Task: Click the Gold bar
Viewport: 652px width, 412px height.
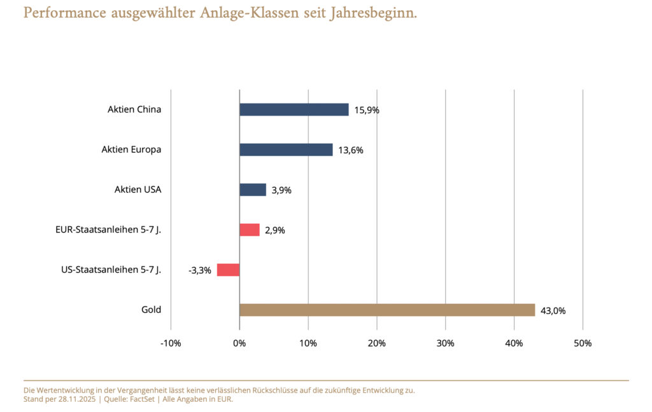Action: pyautogui.click(x=387, y=310)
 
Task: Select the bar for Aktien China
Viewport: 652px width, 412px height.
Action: pyautogui.click(x=294, y=109)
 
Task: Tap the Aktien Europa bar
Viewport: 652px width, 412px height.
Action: pyautogui.click(x=286, y=149)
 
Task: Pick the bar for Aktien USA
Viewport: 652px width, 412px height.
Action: pyautogui.click(x=253, y=189)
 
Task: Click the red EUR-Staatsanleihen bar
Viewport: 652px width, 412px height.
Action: pyautogui.click(x=250, y=230)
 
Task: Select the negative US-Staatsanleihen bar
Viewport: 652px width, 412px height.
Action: pyautogui.click(x=228, y=270)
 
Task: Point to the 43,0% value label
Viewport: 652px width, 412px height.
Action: pyautogui.click(x=553, y=311)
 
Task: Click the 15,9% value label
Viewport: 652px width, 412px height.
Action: pyautogui.click(x=367, y=110)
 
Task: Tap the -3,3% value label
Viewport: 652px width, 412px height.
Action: pyautogui.click(x=199, y=270)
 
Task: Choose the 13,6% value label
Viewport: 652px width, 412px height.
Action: pyautogui.click(x=351, y=150)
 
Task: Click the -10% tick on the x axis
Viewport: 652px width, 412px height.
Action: pyautogui.click(x=171, y=343)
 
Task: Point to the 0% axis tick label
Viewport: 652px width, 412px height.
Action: pyautogui.click(x=239, y=343)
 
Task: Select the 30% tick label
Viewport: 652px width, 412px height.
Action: pyautogui.click(x=445, y=343)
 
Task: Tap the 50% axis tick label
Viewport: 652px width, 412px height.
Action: pyautogui.click(x=583, y=343)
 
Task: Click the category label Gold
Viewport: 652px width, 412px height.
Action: pyautogui.click(x=151, y=310)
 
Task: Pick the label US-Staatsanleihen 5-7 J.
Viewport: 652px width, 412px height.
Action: pyautogui.click(x=111, y=270)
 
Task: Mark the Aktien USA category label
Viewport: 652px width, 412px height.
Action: pyautogui.click(x=138, y=189)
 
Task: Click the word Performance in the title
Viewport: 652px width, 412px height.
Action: pyautogui.click(x=63, y=13)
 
